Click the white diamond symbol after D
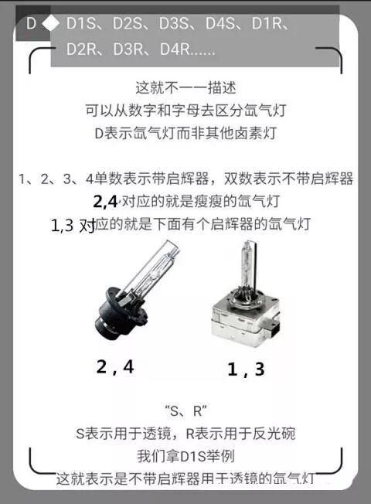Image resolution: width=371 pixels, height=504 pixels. click(x=50, y=24)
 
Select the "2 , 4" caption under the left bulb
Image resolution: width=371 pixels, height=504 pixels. click(x=115, y=366)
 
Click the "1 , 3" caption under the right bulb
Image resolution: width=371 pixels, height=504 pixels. click(x=246, y=369)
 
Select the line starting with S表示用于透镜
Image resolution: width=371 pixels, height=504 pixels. click(x=185, y=434)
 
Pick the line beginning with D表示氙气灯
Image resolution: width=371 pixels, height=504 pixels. click(x=185, y=132)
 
